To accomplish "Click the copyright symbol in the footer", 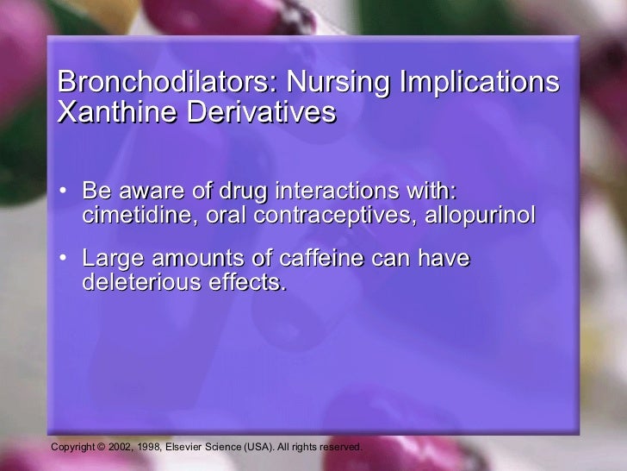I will point(100,448).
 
